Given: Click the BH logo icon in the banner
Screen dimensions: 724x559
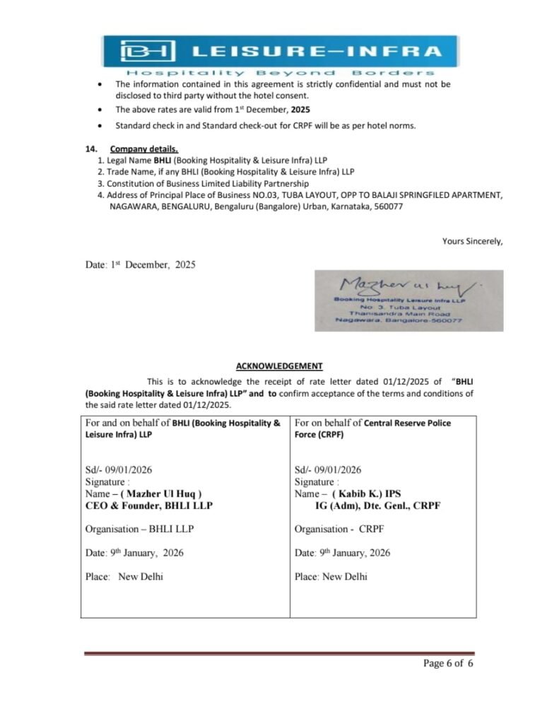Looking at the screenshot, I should click(147, 51).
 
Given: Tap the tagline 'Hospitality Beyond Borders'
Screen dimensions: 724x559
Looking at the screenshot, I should click(280, 73).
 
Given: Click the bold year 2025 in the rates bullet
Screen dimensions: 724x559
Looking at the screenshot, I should click(300, 110).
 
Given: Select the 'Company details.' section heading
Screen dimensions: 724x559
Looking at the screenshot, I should click(143, 149).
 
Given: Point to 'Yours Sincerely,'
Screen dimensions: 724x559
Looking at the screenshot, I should click(472, 241).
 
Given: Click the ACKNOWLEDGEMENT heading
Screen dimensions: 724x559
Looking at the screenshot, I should click(279, 366).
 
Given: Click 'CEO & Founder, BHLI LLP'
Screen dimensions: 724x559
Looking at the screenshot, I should click(148, 506).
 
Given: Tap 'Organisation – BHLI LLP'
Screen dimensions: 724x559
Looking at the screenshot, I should click(139, 529).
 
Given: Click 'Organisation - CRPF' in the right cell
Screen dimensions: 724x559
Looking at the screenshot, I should click(339, 529).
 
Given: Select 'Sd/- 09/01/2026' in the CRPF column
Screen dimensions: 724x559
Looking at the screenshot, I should click(327, 469).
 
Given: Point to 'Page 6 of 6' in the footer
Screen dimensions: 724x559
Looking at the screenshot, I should click(447, 663).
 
